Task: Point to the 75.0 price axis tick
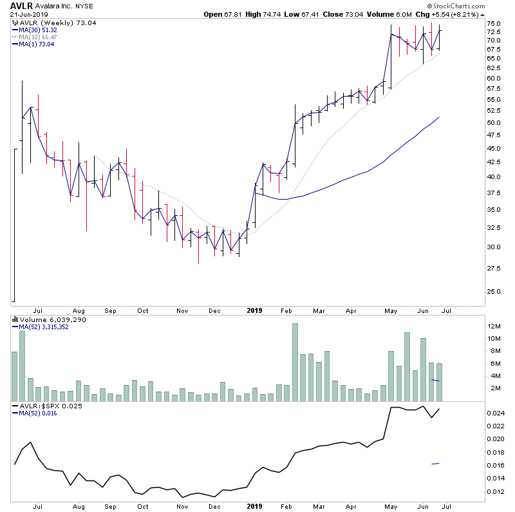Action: pos(493,23)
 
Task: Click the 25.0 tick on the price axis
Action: pos(493,291)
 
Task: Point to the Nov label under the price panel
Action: pos(182,310)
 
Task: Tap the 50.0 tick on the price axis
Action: pos(493,122)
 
